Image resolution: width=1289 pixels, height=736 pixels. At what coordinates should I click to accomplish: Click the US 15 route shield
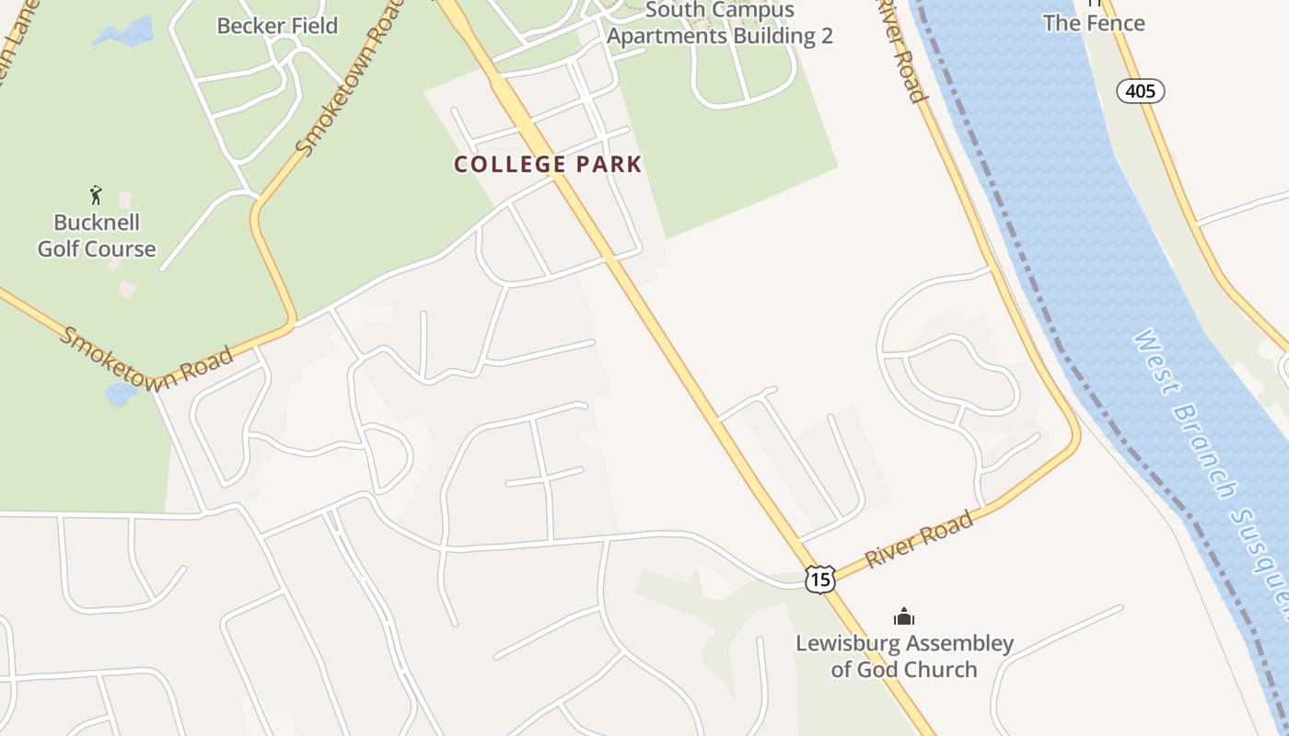tap(819, 579)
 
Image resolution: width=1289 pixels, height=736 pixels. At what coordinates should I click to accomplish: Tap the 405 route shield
tap(1141, 91)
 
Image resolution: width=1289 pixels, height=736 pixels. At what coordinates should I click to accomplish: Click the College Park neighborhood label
tap(548, 165)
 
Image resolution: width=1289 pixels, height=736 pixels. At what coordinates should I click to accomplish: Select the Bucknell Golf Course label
tap(97, 236)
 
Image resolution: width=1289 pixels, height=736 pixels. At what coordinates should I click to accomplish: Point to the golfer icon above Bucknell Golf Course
tap(96, 195)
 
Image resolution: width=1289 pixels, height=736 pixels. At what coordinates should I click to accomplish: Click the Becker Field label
tap(277, 26)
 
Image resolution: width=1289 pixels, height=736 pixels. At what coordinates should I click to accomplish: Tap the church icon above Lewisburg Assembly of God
tap(904, 616)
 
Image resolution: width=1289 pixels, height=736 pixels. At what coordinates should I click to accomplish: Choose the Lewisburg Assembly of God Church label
tap(904, 656)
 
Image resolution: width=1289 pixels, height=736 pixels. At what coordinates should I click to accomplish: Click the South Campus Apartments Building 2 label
tap(720, 24)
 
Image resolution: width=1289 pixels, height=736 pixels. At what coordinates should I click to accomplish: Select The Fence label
tap(1094, 23)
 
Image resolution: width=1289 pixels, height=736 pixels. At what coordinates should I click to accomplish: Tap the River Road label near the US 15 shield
tap(919, 540)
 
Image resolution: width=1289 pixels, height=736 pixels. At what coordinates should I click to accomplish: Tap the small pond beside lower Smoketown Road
tap(122, 394)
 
